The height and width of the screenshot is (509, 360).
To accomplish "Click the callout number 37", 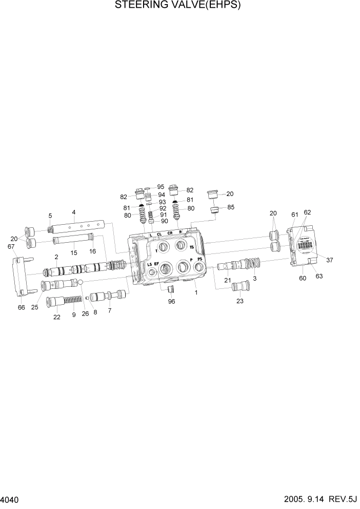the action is (x=330, y=260).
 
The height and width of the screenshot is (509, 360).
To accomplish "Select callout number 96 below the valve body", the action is (x=171, y=302).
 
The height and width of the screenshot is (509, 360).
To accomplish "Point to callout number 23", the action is (x=239, y=301).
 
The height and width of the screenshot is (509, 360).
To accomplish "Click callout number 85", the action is (x=231, y=208).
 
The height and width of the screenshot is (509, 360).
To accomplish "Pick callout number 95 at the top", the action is (x=161, y=187).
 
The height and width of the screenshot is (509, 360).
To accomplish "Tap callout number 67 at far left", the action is (x=11, y=247).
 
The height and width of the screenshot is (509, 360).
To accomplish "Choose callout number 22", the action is (x=56, y=317).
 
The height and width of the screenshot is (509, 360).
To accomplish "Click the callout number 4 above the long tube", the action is (x=74, y=212).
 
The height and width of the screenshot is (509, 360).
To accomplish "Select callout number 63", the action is (x=319, y=277).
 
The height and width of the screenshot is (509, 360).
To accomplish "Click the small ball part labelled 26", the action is (x=81, y=282).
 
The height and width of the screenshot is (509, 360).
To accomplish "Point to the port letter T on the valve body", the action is (x=156, y=251).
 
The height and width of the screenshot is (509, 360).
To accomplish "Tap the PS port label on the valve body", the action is (x=200, y=260).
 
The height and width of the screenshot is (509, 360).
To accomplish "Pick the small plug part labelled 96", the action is (x=171, y=289).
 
